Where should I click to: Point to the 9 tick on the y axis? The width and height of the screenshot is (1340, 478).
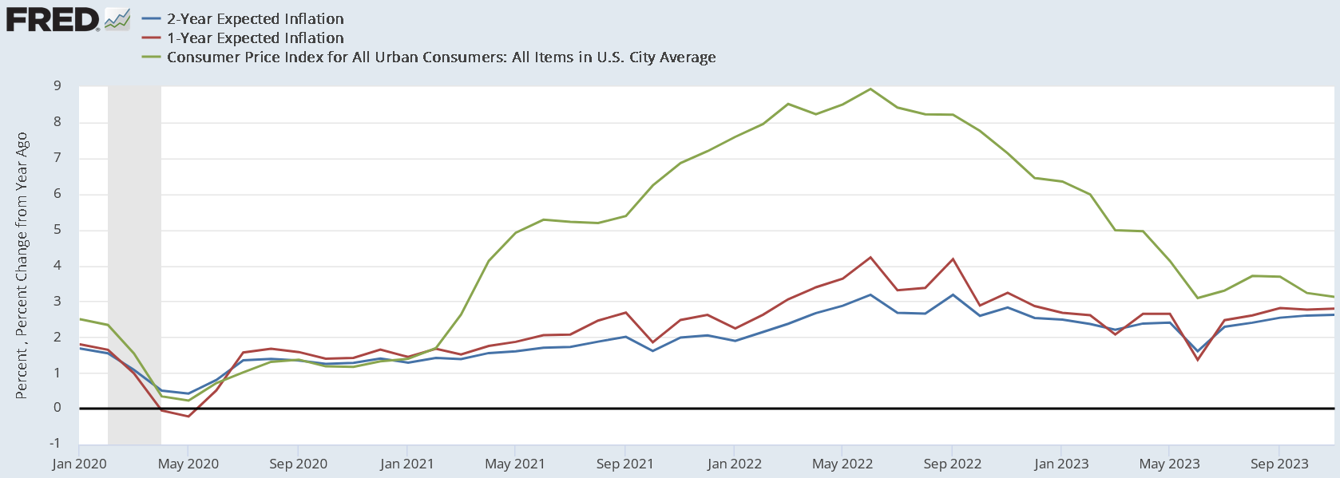pos(57,86)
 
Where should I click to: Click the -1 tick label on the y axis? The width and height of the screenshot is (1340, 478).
pos(54,444)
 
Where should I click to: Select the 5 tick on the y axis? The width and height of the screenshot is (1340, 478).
pos(57,230)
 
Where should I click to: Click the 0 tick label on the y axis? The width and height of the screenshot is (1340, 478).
pos(57,408)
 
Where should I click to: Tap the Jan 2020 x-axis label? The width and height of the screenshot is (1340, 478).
pos(79,464)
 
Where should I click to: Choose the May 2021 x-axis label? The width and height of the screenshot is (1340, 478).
pos(515,464)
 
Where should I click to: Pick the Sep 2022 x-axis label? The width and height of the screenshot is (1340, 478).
pos(952,464)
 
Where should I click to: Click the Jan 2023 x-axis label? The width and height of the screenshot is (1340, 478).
pos(1061,464)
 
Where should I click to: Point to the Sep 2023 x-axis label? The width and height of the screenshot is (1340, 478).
pos(1279,464)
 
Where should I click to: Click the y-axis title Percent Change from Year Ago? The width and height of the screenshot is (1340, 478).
pos(22,266)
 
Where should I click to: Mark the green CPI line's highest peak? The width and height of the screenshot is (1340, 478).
pos(870,89)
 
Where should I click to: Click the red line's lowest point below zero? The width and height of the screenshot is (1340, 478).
pos(188,417)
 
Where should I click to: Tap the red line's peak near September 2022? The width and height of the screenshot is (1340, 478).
pos(953,259)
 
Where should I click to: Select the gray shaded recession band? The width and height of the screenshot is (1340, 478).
pos(134,263)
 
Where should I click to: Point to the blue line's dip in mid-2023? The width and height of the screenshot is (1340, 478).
pos(1197,350)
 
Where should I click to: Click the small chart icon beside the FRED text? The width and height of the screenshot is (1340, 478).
pos(117,19)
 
